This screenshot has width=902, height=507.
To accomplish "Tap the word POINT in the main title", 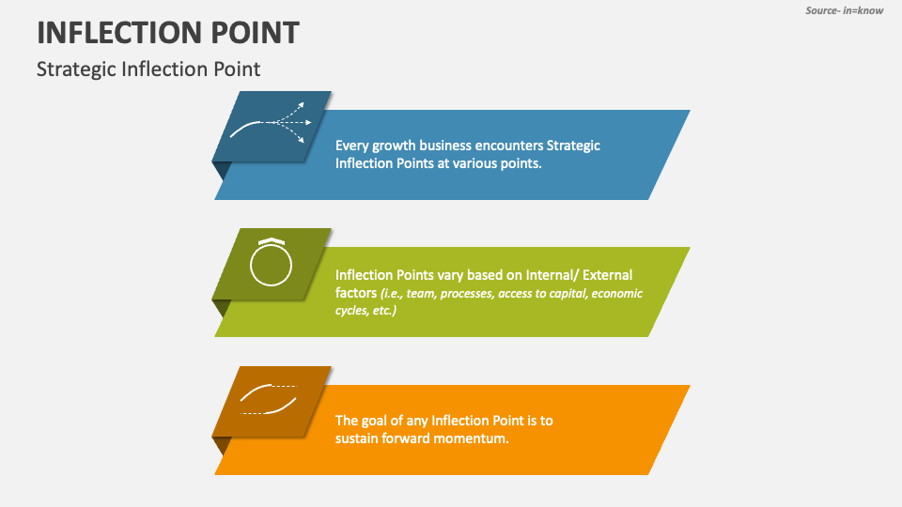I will click(255, 33).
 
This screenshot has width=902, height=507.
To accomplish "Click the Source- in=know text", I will click(844, 10).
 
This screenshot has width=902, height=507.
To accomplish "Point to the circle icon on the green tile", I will click(271, 264).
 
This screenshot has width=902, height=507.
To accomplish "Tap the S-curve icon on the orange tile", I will click(269, 399).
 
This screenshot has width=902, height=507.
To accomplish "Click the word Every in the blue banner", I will click(352, 146).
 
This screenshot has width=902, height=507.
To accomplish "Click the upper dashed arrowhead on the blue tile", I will click(302, 106).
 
